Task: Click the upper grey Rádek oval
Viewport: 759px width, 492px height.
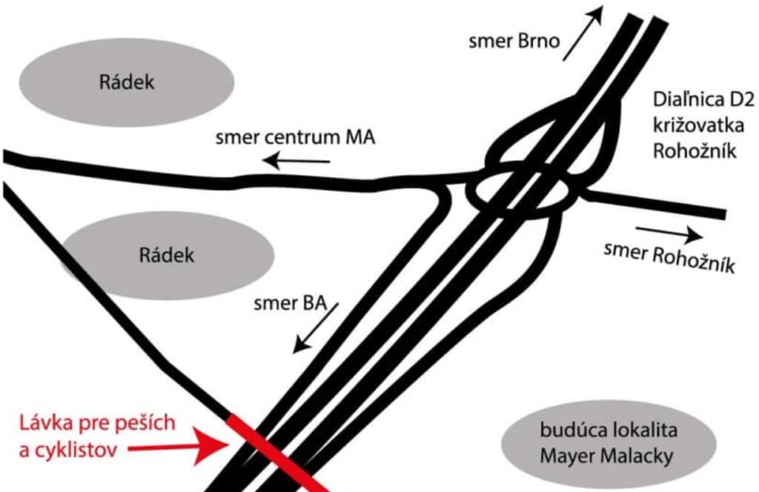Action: tap(127, 82)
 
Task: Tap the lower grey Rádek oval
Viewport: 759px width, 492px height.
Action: tap(167, 255)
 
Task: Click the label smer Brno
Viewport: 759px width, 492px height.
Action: tap(514, 41)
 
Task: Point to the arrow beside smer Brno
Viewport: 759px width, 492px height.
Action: tap(583, 33)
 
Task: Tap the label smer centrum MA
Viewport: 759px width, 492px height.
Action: tap(295, 137)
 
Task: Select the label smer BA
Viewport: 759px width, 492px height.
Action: tap(290, 303)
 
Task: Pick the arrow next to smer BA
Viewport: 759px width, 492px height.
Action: tap(316, 328)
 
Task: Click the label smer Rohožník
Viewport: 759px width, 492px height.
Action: tap(669, 258)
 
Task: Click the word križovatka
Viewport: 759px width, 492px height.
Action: tap(698, 125)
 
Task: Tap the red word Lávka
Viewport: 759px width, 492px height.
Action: tap(46, 423)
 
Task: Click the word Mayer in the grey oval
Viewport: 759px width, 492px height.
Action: tap(564, 456)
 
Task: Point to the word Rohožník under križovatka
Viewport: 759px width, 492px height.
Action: tap(694, 151)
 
